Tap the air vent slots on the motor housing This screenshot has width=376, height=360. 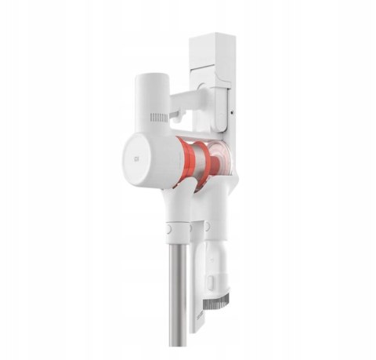pos(159,118)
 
